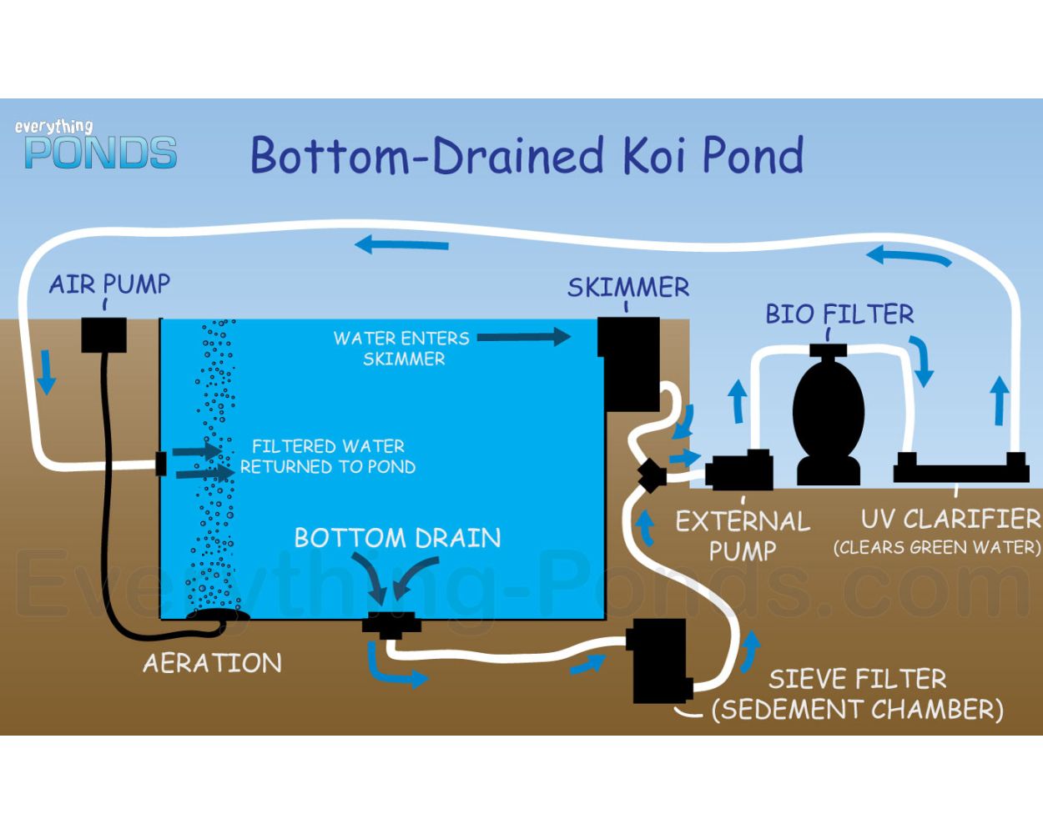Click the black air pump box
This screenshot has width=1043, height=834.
click(x=104, y=334)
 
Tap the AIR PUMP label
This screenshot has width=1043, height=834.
click(x=109, y=284)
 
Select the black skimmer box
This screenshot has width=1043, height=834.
click(x=627, y=363)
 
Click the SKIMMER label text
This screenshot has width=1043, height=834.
click(x=627, y=288)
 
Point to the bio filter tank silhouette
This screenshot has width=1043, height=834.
click(x=828, y=413)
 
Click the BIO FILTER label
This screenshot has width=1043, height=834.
click(x=839, y=314)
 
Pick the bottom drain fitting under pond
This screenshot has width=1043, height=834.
click(x=390, y=625)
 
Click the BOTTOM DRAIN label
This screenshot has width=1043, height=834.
click(x=397, y=538)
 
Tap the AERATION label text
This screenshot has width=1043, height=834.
click(x=212, y=663)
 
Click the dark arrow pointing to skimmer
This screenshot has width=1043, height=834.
click(x=524, y=337)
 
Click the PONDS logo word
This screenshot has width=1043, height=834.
click(x=101, y=153)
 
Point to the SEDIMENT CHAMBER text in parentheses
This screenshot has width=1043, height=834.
click(x=857, y=710)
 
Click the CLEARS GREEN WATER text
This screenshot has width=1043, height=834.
click(x=937, y=548)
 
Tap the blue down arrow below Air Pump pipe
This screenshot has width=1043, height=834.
click(x=47, y=372)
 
